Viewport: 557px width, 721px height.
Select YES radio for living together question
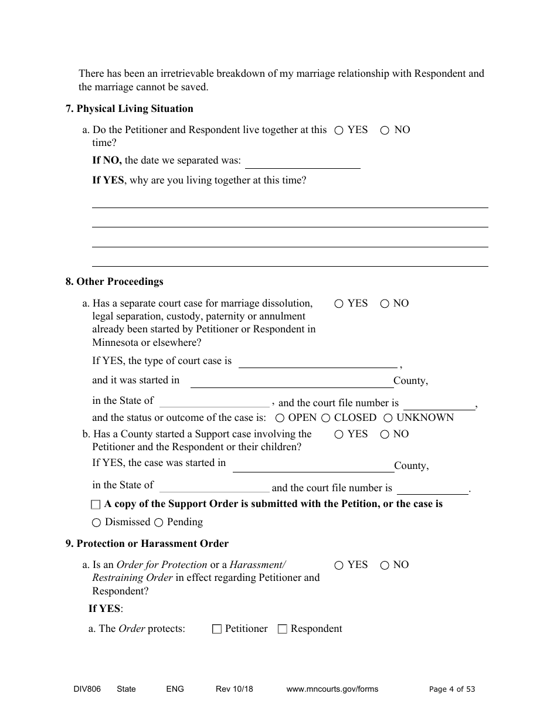pos(339,131)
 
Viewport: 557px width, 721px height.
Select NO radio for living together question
pos(385,131)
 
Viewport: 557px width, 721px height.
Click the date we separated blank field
pos(302,162)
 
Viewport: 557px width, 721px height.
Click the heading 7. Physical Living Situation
pos(129,108)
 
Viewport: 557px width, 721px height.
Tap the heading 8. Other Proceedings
pos(114,281)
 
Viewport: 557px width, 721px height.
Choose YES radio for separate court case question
pos(339,304)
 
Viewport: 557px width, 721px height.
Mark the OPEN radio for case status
pos(280,418)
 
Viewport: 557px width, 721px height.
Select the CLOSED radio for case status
pos(325,418)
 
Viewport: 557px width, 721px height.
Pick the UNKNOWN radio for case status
pos(388,418)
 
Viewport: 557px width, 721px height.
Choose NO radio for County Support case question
pos(385,434)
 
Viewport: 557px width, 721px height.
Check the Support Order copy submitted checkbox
pos(96,505)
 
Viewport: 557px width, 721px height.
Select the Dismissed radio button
pos(96,522)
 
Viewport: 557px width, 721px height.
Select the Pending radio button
pos(158,522)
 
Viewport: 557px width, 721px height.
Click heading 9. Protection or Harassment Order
pos(147,543)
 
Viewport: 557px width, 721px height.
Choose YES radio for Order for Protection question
pos(339,566)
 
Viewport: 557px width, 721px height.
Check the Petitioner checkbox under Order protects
pos(217,629)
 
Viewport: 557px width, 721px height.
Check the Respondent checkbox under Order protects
pos(282,629)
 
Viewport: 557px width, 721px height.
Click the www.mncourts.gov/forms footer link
pos(332,689)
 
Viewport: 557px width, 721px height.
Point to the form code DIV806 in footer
pos(83,689)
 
